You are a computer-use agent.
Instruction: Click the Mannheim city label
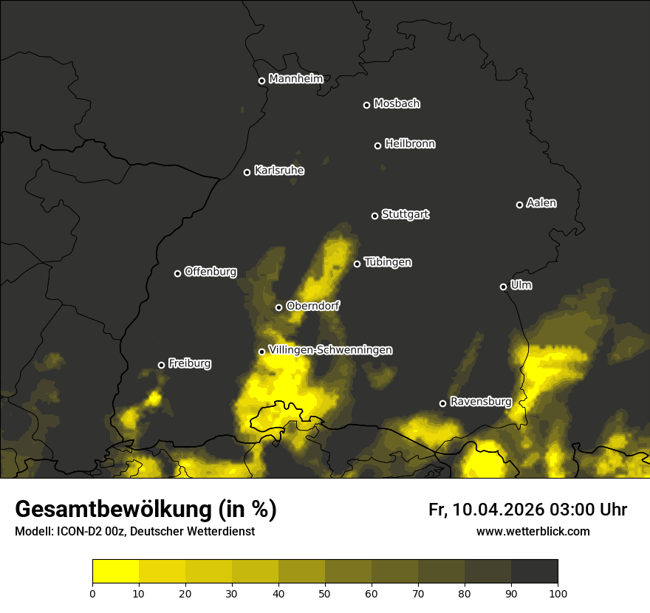pyautogui.click(x=295, y=79)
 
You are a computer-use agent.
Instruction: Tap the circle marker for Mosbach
pyautogui.click(x=366, y=105)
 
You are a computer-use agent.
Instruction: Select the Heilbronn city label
pyautogui.click(x=410, y=144)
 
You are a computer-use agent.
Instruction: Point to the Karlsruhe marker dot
pyautogui.click(x=247, y=172)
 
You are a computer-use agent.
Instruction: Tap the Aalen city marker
pyautogui.click(x=519, y=205)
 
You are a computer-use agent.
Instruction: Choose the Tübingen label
pyautogui.click(x=388, y=262)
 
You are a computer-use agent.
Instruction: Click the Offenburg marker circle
pyautogui.click(x=177, y=273)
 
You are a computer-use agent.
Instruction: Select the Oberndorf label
pyautogui.click(x=312, y=306)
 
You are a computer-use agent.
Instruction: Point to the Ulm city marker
pyautogui.click(x=503, y=287)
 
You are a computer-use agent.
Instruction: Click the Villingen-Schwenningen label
pyautogui.click(x=330, y=350)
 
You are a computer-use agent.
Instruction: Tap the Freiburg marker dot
pyautogui.click(x=162, y=365)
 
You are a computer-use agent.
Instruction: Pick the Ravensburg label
pyautogui.click(x=481, y=402)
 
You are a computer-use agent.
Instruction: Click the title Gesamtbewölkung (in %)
pyautogui.click(x=146, y=510)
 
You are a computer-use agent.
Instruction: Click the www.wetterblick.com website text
pyautogui.click(x=533, y=531)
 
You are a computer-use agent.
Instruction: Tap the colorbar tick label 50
pyautogui.click(x=325, y=592)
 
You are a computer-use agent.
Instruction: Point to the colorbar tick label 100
pyautogui.click(x=558, y=592)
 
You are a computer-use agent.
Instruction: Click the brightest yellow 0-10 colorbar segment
pyautogui.click(x=116, y=572)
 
